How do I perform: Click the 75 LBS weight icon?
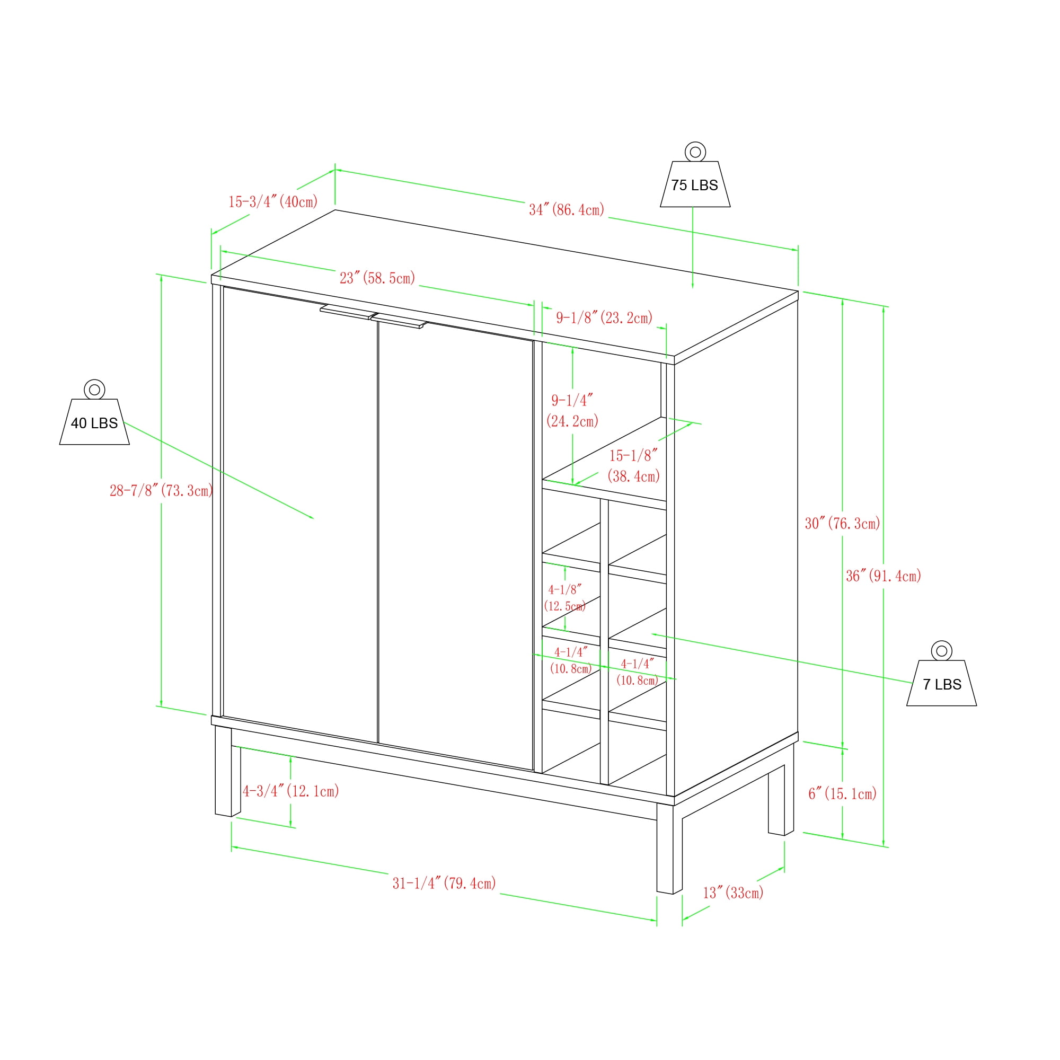[x=695, y=174]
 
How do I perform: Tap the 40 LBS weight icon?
[x=94, y=412]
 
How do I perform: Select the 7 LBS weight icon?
[x=941, y=673]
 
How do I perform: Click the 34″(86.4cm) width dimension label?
[x=567, y=209]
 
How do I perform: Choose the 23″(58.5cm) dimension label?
[x=377, y=278]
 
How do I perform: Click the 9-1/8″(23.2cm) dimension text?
[x=605, y=317]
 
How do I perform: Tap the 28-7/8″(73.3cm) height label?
[x=161, y=490]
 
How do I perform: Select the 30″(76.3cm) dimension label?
[x=843, y=524]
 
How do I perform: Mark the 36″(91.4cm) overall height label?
[x=884, y=576]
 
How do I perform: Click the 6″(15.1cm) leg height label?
[x=843, y=793]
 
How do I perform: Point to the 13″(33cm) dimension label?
[x=734, y=893]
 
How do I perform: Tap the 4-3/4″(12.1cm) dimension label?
[x=291, y=791]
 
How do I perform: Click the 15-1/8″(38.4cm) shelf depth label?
[x=634, y=466]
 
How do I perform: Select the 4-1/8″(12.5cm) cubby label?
[x=565, y=598]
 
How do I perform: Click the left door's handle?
[x=348, y=312]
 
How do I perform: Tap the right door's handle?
[x=399, y=321]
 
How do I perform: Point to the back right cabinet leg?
[x=781, y=791]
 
